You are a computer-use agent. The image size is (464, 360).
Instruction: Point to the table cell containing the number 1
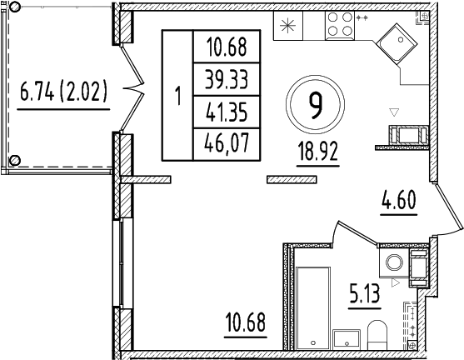[177, 94]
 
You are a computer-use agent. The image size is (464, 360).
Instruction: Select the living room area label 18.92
[317, 153]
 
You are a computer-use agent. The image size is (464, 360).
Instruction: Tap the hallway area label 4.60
[397, 201]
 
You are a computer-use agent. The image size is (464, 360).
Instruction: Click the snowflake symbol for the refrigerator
[287, 27]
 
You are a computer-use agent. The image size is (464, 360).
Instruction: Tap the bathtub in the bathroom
[315, 308]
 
